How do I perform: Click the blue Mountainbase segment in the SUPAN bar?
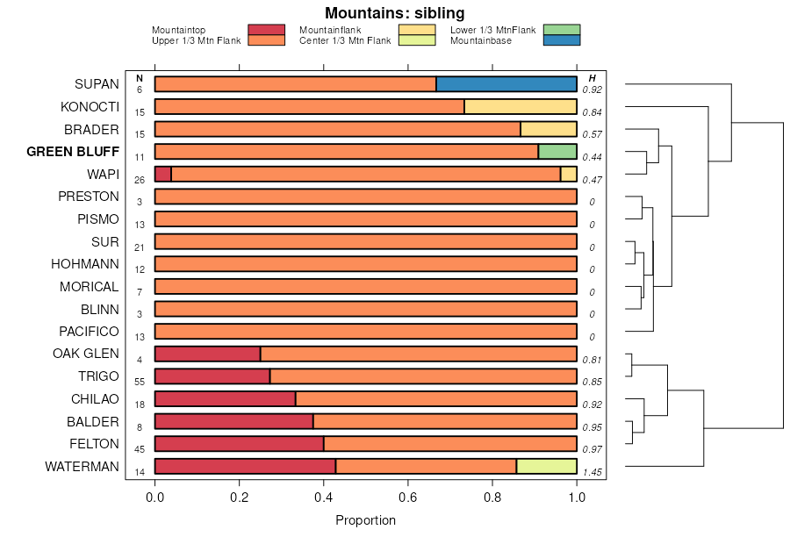pos(506,84)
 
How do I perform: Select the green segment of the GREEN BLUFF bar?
pos(557,152)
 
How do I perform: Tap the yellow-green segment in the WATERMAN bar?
pos(546,467)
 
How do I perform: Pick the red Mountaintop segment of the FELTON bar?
pos(239,444)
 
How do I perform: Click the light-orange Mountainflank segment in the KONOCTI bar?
pos(520,107)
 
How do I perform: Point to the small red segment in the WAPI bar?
pos(163,174)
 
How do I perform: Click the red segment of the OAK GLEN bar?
pos(207,354)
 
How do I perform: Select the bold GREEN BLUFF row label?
pos(73,152)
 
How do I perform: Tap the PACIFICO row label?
pos(89,332)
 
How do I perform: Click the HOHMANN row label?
pos(85,264)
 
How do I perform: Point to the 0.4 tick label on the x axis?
pos(324,497)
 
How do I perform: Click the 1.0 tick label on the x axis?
pos(577,497)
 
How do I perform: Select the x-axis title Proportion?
pos(365,520)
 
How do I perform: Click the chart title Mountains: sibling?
pos(394,13)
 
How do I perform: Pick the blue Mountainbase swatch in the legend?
pos(562,40)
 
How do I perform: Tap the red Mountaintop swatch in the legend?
pos(266,30)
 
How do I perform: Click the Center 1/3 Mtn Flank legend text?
pos(345,40)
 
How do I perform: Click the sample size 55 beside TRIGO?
pos(140,382)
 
